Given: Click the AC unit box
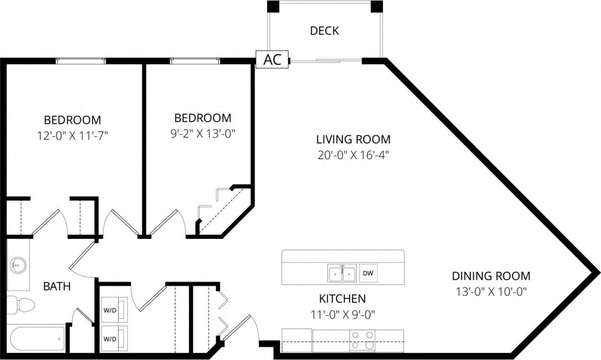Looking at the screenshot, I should click(x=272, y=59).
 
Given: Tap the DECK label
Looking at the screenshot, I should click(x=324, y=31).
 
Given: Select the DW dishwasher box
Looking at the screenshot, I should click(x=368, y=273).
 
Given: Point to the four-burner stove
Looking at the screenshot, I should click(x=363, y=340).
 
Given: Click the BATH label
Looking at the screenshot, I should click(x=57, y=286).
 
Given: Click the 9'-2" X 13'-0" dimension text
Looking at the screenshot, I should click(x=203, y=133).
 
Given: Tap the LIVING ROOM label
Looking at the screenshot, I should click(x=353, y=139).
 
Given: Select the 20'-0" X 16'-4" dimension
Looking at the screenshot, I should click(x=353, y=154).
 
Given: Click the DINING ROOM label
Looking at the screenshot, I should click(x=491, y=276).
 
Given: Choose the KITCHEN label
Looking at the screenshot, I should click(x=342, y=299).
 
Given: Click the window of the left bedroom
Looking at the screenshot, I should click(x=81, y=61).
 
